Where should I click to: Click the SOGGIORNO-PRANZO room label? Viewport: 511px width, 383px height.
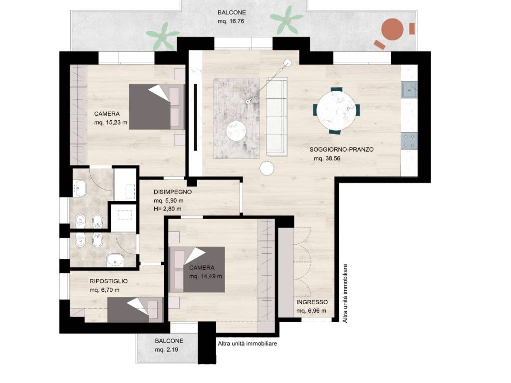pos(341,150)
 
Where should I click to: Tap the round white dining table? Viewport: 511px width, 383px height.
pos(337,110)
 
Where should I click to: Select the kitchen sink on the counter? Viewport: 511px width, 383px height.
pos(409,90)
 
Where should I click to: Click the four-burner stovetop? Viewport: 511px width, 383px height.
pos(409,141)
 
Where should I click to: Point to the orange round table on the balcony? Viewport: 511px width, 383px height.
pos(392,29)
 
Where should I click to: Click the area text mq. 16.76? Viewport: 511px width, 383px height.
pos(231,21)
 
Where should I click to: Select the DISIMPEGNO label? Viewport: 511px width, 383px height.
pos(173,192)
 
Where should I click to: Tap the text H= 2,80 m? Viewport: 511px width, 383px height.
pos(168,209)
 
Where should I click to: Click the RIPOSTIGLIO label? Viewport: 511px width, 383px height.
pos(108,281)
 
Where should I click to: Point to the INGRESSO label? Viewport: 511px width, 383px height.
pos(312,302)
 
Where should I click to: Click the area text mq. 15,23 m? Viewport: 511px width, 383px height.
pos(110,123)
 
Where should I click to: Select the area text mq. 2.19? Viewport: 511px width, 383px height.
pos(167,350)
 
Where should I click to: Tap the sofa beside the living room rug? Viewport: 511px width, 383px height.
pos(277,116)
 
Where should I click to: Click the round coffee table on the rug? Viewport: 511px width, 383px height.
pos(236,131)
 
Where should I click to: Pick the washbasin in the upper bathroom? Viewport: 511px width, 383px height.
pos(80,188)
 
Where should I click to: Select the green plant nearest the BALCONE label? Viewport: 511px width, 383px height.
pos(287,19)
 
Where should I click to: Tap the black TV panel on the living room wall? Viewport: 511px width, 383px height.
pos(196,117)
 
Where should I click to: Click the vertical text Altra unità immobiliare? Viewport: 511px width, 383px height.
pos(345,293)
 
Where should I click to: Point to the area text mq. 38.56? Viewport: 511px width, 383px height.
pos(327,159)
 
